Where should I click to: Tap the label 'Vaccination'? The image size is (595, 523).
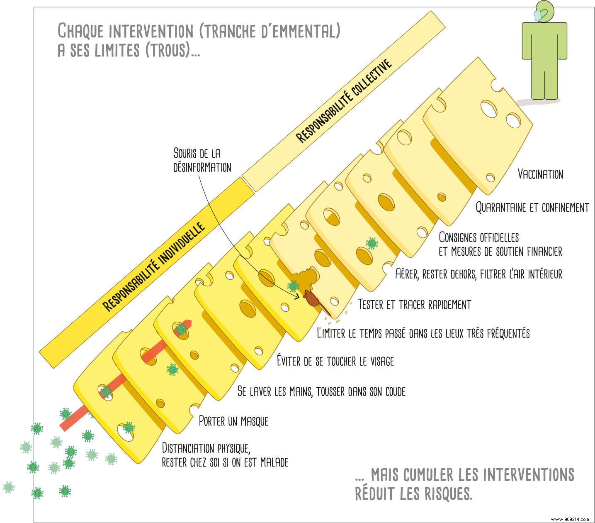pyautogui.click(x=540, y=174)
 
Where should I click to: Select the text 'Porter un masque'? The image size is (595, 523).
pyautogui.click(x=233, y=421)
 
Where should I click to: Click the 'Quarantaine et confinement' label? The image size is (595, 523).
pyautogui.click(x=532, y=207)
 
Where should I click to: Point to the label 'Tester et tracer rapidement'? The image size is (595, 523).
pyautogui.click(x=414, y=304)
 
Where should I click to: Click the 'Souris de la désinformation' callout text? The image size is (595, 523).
pyautogui.click(x=202, y=160)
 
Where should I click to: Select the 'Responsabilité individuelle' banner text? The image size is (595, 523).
pyautogui.click(x=154, y=267)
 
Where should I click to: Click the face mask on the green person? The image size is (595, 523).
pyautogui.click(x=539, y=15)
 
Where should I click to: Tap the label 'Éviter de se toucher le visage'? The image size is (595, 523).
pyautogui.click(x=335, y=361)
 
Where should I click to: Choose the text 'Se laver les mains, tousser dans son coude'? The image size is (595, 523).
pyautogui.click(x=321, y=391)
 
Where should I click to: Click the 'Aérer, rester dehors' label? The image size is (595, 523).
pyautogui.click(x=478, y=274)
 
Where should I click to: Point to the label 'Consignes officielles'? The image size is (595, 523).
pyautogui.click(x=478, y=237)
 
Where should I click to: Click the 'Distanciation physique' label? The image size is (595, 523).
pyautogui.click(x=206, y=448)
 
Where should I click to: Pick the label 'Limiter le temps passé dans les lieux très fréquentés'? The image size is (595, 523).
pyautogui.click(x=423, y=332)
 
